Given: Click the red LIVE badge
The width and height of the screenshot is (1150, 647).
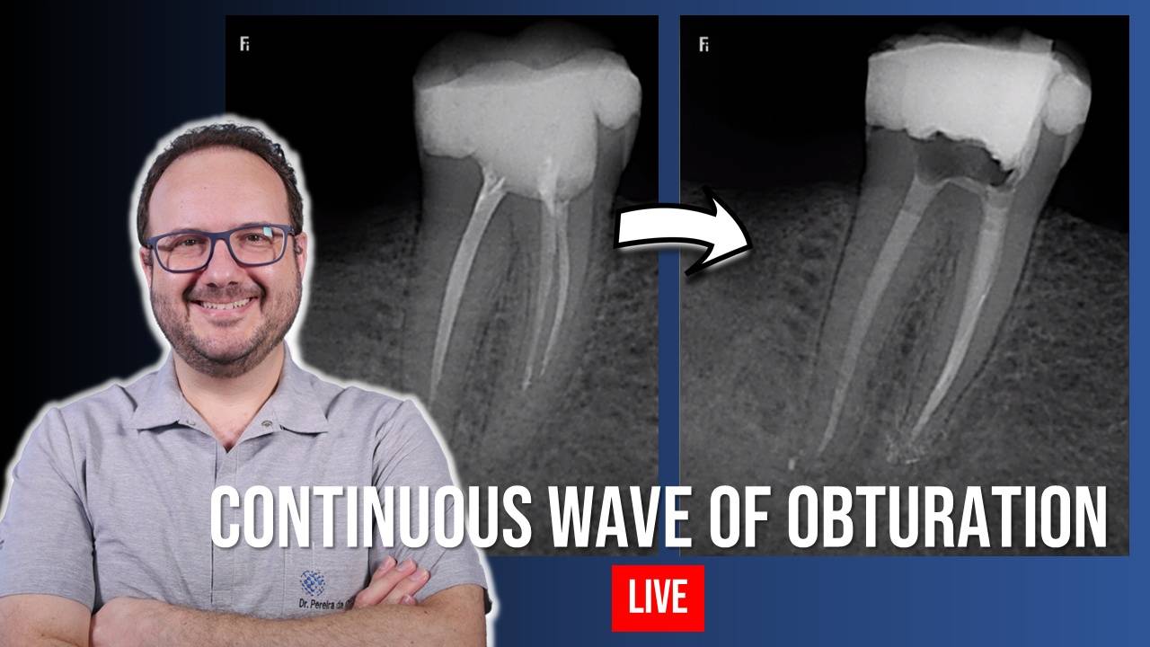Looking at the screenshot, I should [658, 598].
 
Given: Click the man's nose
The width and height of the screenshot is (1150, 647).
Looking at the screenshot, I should [220, 270].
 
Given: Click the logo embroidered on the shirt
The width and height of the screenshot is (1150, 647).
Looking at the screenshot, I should [312, 584].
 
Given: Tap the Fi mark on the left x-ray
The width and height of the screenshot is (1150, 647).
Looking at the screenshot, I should [244, 44].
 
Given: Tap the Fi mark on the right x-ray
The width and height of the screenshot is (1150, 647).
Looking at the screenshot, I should [703, 44].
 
